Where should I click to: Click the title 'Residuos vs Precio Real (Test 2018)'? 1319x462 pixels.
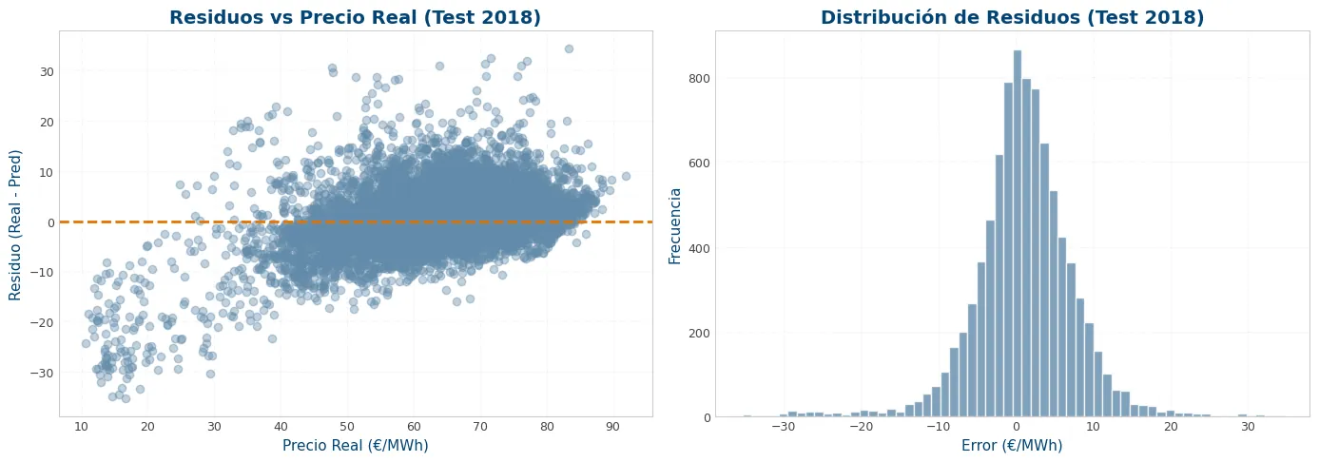click(x=355, y=18)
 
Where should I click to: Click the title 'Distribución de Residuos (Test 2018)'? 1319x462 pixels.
click(x=1012, y=18)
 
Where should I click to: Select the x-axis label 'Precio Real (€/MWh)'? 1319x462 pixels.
click(x=356, y=446)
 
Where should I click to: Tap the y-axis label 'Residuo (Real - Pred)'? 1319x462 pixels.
click(x=14, y=224)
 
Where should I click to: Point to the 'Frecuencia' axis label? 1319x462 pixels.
click(x=675, y=226)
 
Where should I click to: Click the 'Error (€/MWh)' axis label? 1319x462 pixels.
click(x=1012, y=446)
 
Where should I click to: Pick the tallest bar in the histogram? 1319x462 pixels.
click(x=1017, y=234)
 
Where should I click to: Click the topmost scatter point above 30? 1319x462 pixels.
click(x=569, y=48)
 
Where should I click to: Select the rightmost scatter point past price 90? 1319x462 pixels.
click(x=626, y=176)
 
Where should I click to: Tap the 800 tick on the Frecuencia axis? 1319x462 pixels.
click(x=700, y=78)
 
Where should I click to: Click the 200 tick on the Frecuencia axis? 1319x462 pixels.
click(x=700, y=333)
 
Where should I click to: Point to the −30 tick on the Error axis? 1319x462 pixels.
click(x=783, y=427)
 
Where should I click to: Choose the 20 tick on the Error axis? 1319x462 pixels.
click(x=1171, y=427)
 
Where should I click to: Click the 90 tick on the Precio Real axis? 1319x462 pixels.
click(x=613, y=427)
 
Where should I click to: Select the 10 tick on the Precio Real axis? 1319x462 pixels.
click(x=81, y=427)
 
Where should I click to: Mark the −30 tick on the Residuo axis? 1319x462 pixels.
click(x=43, y=374)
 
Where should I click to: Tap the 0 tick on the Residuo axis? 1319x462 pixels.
click(x=51, y=222)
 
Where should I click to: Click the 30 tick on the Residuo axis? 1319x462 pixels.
click(x=48, y=72)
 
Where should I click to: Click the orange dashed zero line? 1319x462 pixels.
click(x=356, y=221)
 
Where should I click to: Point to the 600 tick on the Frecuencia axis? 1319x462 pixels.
click(x=700, y=163)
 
